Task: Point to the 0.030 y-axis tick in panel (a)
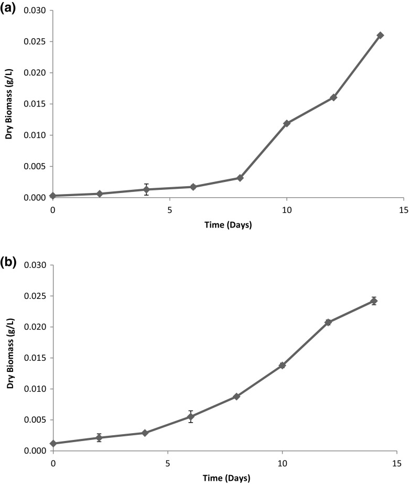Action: pyautogui.click(x=35, y=10)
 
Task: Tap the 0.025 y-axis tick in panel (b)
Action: pyautogui.click(x=35, y=296)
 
